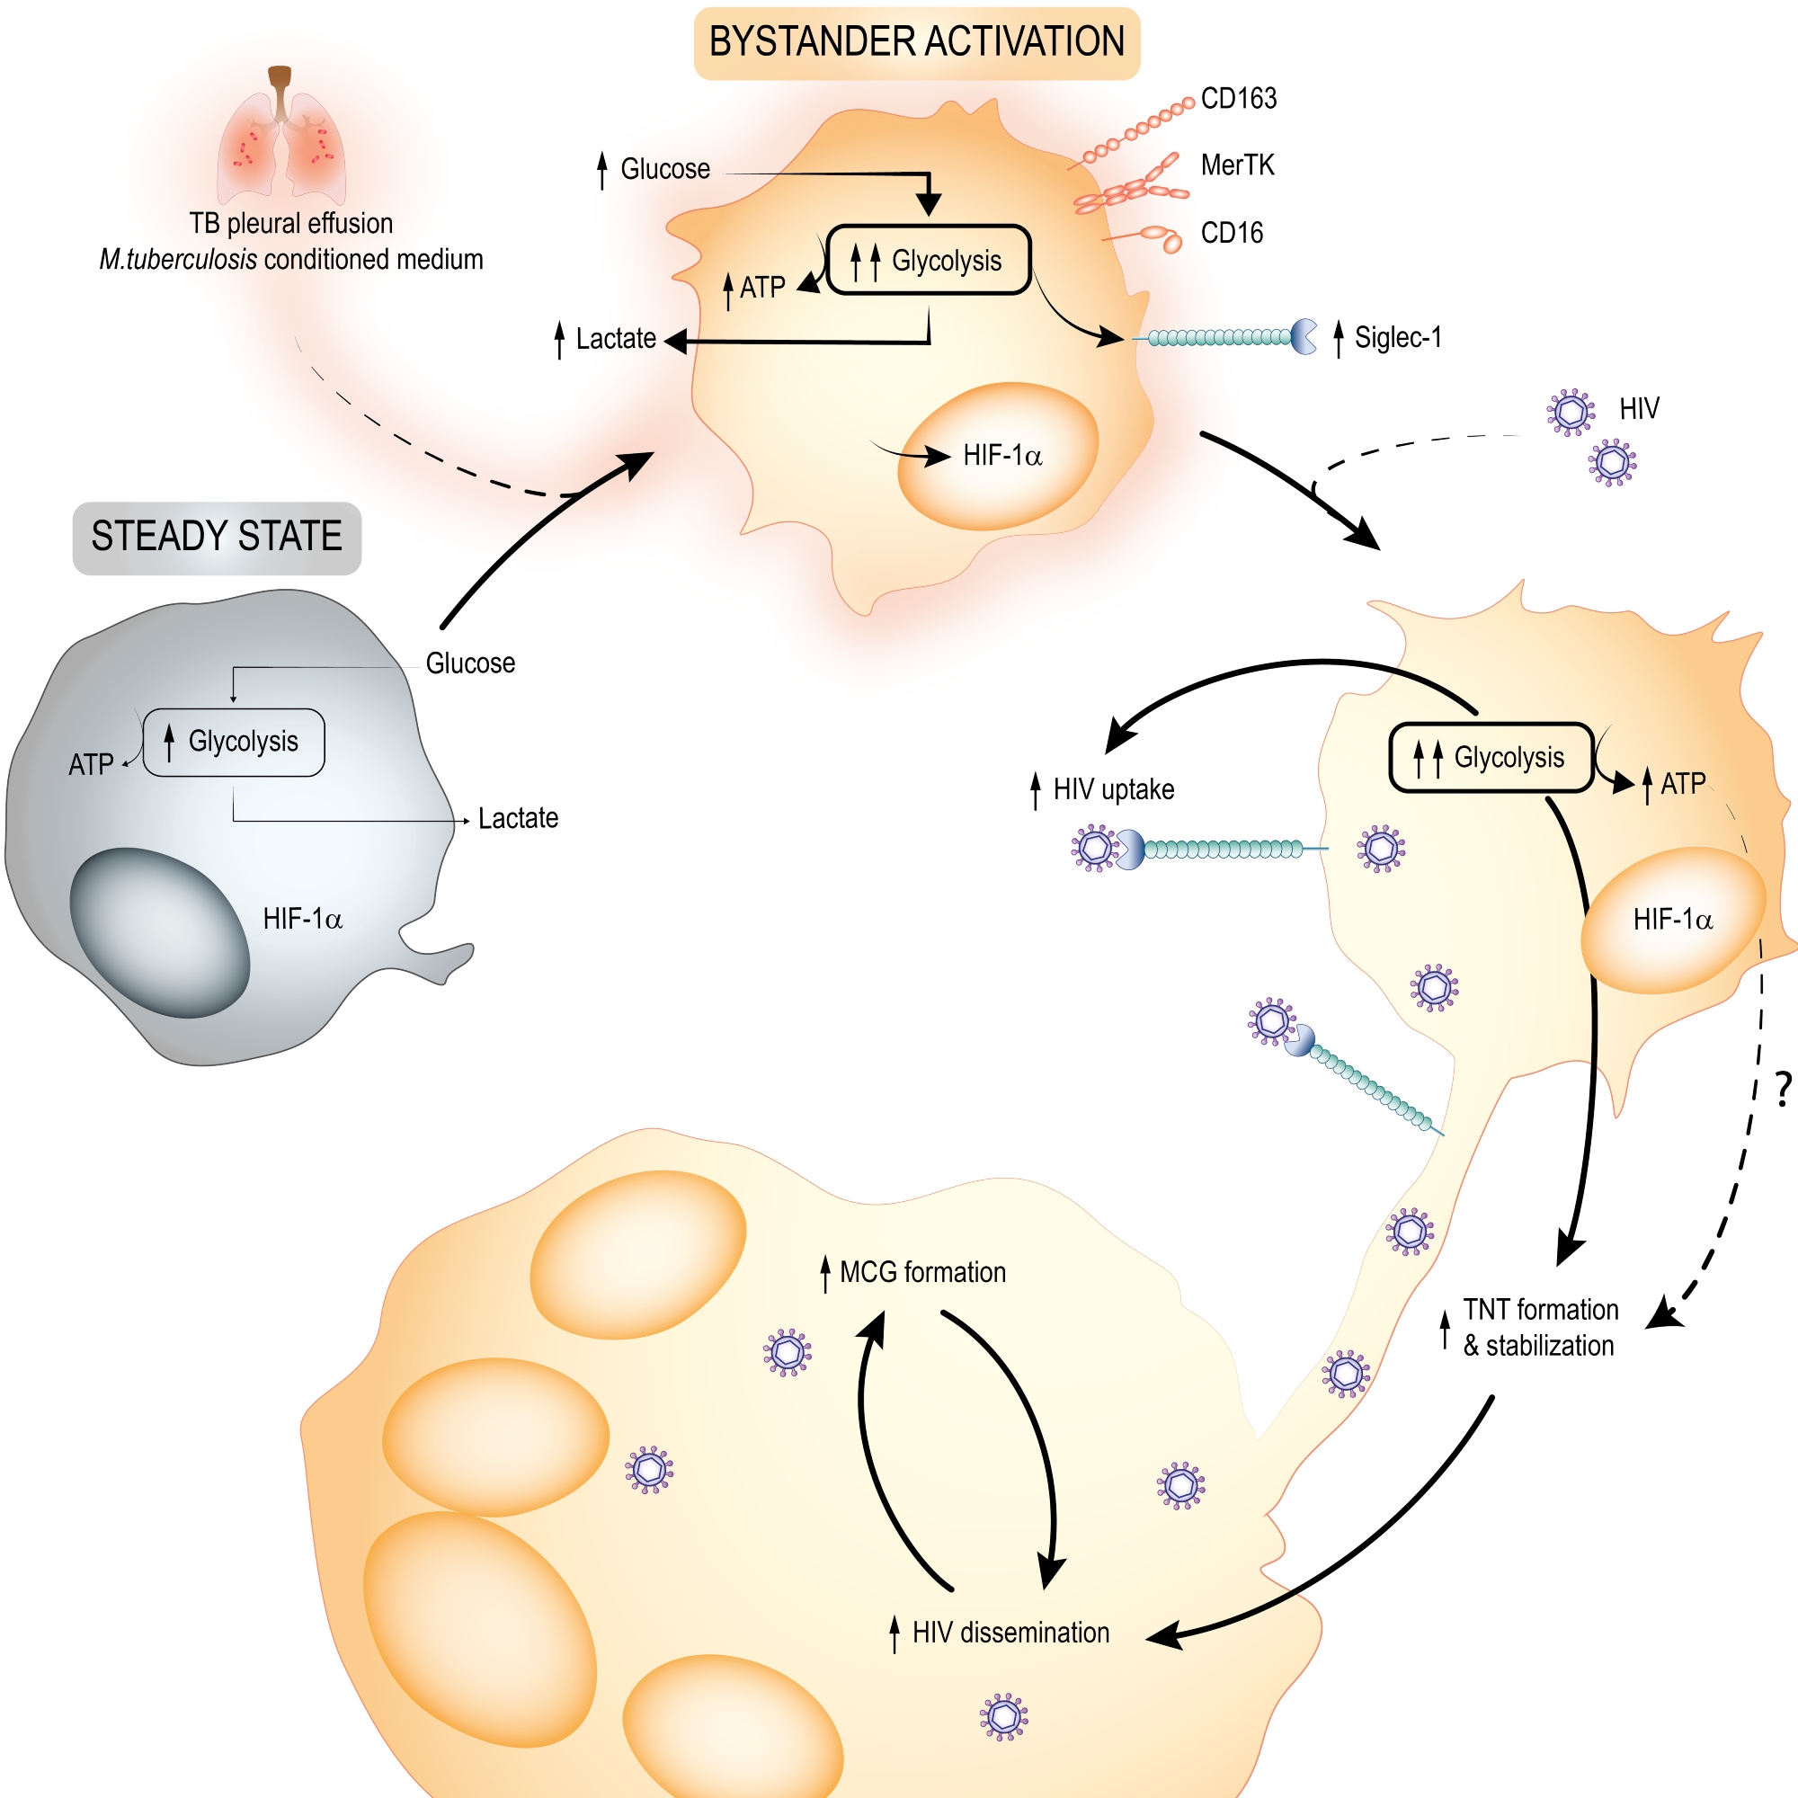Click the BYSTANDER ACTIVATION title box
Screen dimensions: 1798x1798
point(917,43)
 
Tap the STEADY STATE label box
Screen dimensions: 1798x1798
point(217,538)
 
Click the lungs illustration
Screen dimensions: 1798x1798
point(281,139)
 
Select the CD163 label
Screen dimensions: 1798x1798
point(1238,99)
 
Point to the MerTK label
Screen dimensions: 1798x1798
point(1237,165)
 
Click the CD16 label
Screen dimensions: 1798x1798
point(1232,233)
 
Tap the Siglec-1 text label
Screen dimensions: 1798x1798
point(1397,338)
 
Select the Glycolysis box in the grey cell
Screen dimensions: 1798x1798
point(235,742)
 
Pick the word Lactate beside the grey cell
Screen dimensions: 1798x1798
point(518,819)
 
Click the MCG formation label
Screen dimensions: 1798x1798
point(921,1272)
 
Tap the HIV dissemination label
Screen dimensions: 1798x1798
point(1010,1633)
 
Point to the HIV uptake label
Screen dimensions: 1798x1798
point(1113,790)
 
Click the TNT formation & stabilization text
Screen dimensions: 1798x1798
point(1540,1327)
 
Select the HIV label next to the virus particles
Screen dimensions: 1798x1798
point(1639,408)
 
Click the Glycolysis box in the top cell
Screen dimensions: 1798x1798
point(929,261)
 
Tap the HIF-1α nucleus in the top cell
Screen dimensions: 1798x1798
point(998,456)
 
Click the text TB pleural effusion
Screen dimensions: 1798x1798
point(291,224)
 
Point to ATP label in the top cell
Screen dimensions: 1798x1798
point(761,288)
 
